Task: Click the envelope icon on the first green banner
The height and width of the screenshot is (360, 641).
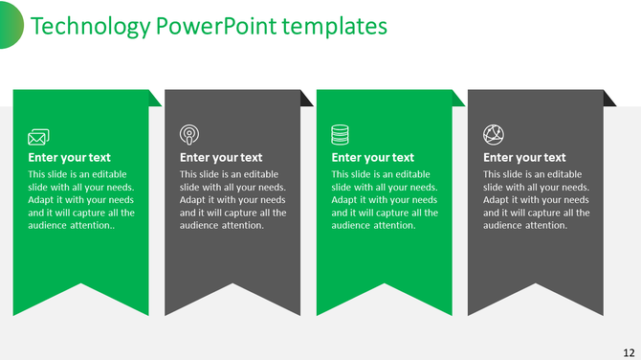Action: [x=38, y=136]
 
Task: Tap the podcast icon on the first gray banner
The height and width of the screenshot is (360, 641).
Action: [x=189, y=134]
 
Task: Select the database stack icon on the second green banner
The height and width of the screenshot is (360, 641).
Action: [x=341, y=134]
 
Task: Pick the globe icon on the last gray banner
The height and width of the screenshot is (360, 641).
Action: [x=493, y=134]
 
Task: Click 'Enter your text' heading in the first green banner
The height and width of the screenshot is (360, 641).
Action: [x=69, y=158]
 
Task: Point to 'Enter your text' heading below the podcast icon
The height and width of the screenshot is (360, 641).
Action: [x=221, y=158]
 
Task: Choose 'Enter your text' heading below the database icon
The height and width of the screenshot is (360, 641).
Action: [x=372, y=158]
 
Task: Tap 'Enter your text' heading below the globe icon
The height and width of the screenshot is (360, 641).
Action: [x=524, y=158]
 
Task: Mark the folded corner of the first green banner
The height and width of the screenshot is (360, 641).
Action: [x=155, y=99]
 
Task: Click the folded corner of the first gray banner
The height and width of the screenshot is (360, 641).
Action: [x=306, y=99]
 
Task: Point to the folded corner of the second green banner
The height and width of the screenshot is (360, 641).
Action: [x=458, y=99]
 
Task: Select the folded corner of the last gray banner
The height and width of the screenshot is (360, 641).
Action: [x=609, y=99]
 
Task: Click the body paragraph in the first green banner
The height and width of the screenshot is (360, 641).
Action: [x=81, y=200]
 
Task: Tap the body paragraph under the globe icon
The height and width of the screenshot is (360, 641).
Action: [x=537, y=200]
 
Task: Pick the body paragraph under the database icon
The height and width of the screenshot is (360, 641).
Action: [x=385, y=200]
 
